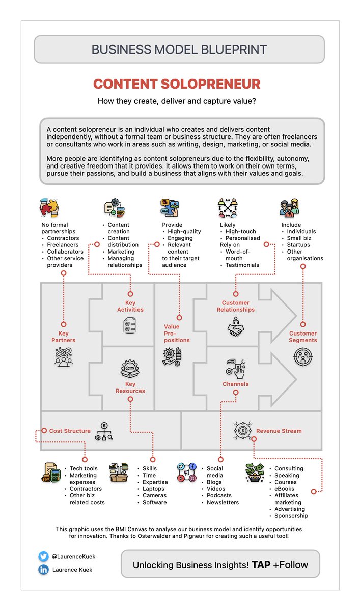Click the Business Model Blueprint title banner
click(x=179, y=49)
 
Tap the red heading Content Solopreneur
click(x=177, y=84)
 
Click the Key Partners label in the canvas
click(x=63, y=337)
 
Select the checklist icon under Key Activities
click(x=130, y=325)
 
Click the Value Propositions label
click(x=177, y=333)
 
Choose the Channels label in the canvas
click(x=235, y=384)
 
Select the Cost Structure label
click(x=70, y=431)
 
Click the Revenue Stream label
click(x=279, y=431)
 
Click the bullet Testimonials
click(x=242, y=265)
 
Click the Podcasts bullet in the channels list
click(x=219, y=495)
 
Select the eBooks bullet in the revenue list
click(x=285, y=489)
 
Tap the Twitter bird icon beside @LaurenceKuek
click(x=43, y=557)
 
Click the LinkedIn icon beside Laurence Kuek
click(x=43, y=570)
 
